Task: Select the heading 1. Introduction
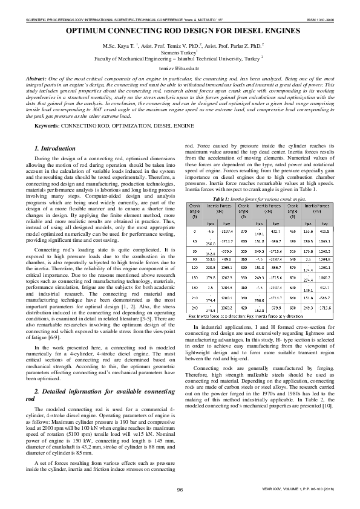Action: pyautogui.click(x=55, y=148)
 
